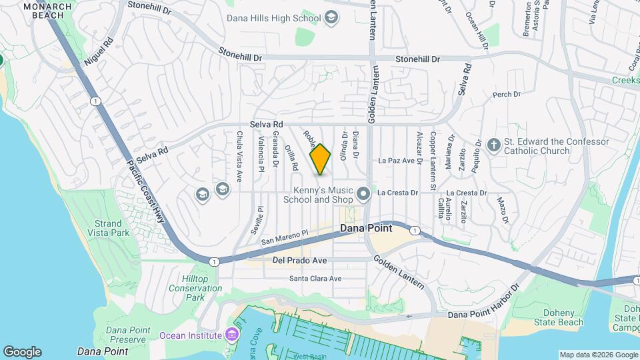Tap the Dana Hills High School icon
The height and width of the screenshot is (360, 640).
click(x=331, y=19)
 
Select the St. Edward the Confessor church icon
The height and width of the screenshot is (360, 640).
click(x=493, y=145)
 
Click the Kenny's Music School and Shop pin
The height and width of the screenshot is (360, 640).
click(x=363, y=194)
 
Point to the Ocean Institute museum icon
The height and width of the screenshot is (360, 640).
click(x=231, y=334)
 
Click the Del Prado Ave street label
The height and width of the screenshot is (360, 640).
click(x=300, y=260)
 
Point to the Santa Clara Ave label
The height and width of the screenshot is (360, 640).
click(x=315, y=279)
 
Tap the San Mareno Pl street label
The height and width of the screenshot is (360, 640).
click(x=285, y=237)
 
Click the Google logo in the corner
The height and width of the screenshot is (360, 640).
click(x=22, y=352)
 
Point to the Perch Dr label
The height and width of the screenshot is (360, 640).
click(x=506, y=95)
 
